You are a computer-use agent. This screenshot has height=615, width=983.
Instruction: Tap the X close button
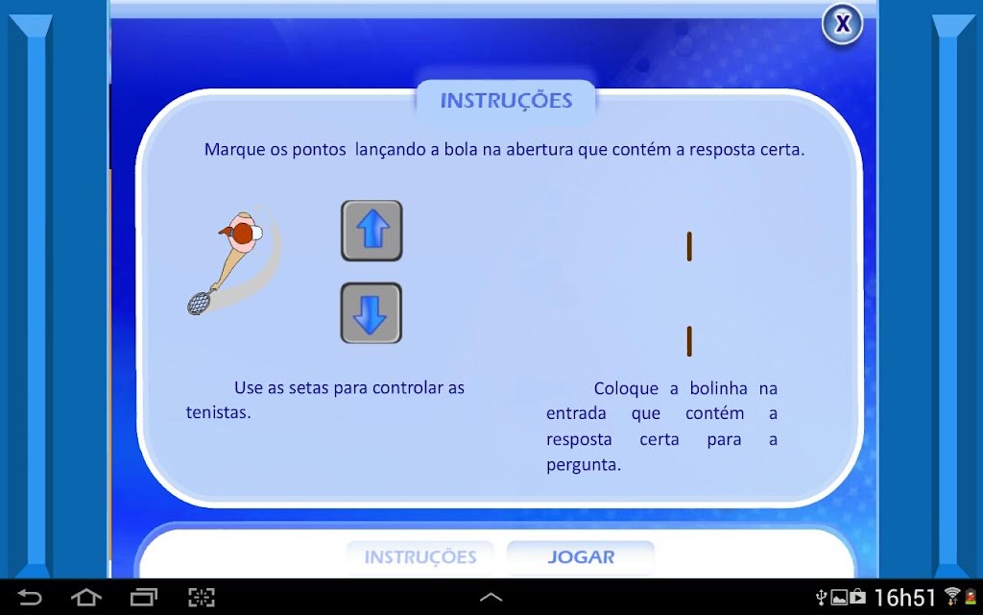tap(842, 24)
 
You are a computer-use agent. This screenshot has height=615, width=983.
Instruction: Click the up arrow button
tap(372, 231)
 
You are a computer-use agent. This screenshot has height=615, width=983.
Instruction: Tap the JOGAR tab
tap(581, 557)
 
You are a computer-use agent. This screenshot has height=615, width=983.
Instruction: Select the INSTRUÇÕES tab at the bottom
tap(420, 557)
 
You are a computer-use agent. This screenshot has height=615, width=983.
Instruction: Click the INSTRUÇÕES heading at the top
tap(506, 100)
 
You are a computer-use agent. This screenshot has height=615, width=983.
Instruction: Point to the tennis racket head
tap(199, 303)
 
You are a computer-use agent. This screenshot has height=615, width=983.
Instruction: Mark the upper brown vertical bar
tap(689, 246)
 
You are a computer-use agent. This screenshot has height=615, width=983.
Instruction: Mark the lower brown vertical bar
tap(689, 341)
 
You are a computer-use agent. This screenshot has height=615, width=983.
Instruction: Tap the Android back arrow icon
tap(29, 597)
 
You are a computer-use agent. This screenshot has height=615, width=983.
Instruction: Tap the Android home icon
tap(85, 597)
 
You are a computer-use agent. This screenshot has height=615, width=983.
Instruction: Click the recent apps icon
tap(144, 597)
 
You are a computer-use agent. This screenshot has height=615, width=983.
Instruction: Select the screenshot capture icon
tap(202, 597)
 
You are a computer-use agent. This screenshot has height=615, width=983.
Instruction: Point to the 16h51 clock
tap(904, 598)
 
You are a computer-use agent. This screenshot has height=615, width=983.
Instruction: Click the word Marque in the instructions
tap(228, 151)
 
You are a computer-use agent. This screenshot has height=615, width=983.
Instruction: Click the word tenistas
tap(218, 413)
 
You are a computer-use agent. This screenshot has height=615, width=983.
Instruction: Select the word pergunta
tap(584, 466)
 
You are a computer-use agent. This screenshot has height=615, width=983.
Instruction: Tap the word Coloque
tap(626, 389)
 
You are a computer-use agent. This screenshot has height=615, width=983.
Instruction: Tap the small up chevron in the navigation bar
tap(491, 597)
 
